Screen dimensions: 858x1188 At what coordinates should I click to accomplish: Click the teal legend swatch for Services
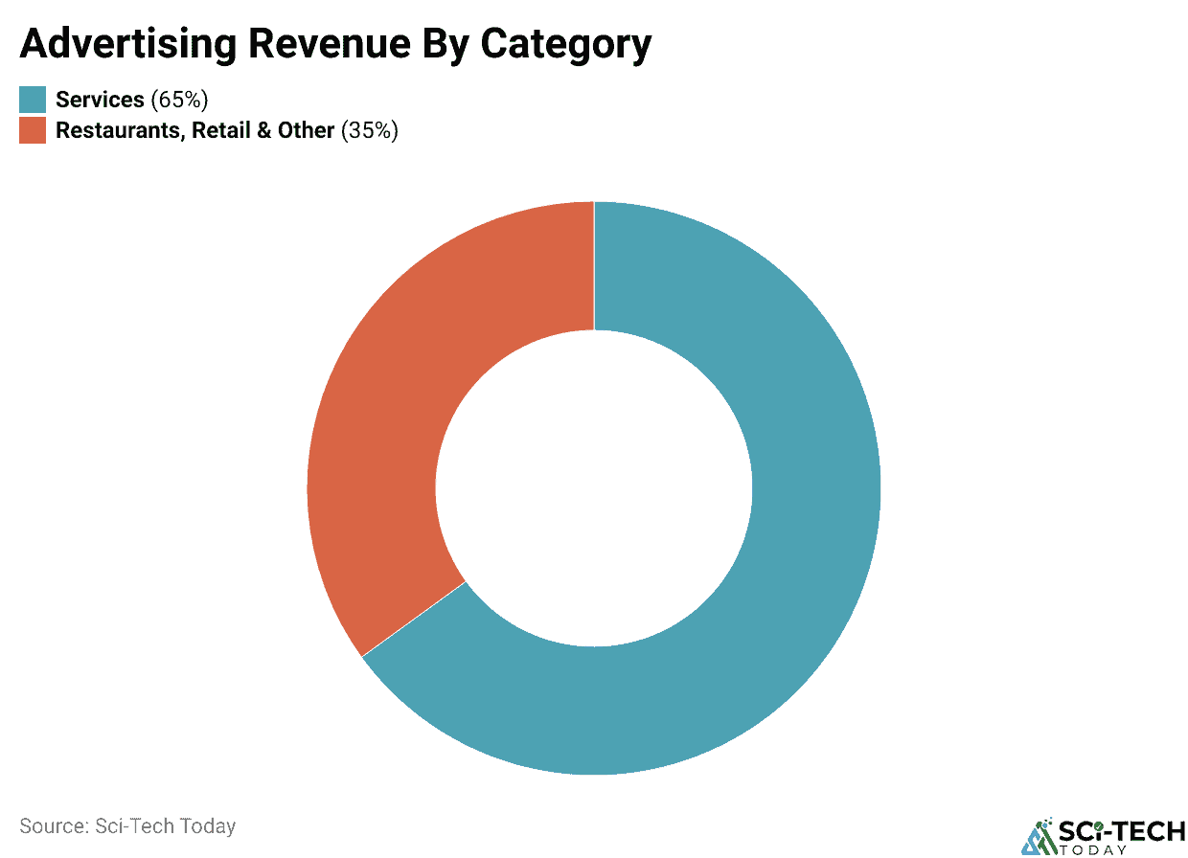(x=33, y=100)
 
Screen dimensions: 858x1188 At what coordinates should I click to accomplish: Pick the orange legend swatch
(x=33, y=130)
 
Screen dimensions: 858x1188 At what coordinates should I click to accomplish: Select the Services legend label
(x=100, y=100)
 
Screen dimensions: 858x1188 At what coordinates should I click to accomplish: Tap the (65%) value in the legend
(x=179, y=100)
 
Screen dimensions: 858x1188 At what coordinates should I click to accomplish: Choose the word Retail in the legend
(x=221, y=130)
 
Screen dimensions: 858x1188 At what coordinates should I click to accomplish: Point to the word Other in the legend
(x=306, y=130)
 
